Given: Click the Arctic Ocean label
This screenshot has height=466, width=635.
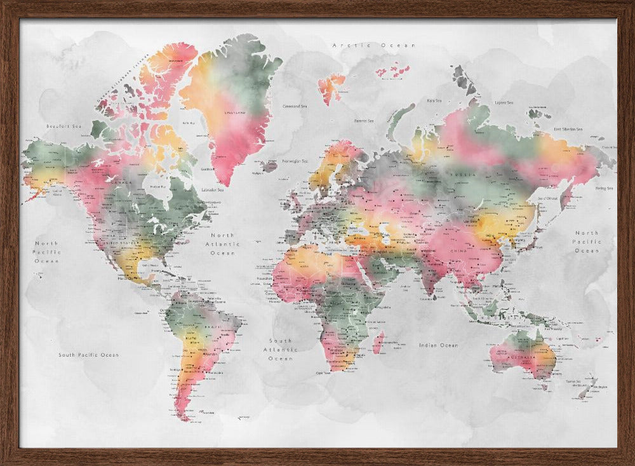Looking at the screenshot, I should coord(374,45).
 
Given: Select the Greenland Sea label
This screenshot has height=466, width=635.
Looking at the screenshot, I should coord(295,106).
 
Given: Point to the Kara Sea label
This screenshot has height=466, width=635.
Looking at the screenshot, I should coord(434,100).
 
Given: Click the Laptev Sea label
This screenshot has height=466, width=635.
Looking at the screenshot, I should coord(504,102).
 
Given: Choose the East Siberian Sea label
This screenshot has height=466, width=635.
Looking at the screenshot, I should coord(568,129).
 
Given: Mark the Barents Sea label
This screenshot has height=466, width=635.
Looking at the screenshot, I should coord(364,121).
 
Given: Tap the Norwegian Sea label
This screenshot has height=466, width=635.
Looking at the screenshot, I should coord(295,161).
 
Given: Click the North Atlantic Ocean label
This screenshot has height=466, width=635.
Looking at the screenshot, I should coord(223,244).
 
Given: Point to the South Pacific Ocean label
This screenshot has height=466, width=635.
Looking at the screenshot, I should coord(88,355).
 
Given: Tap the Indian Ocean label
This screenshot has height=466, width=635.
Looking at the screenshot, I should coord(438,345).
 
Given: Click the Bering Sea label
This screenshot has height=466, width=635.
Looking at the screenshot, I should coord(604,188).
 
